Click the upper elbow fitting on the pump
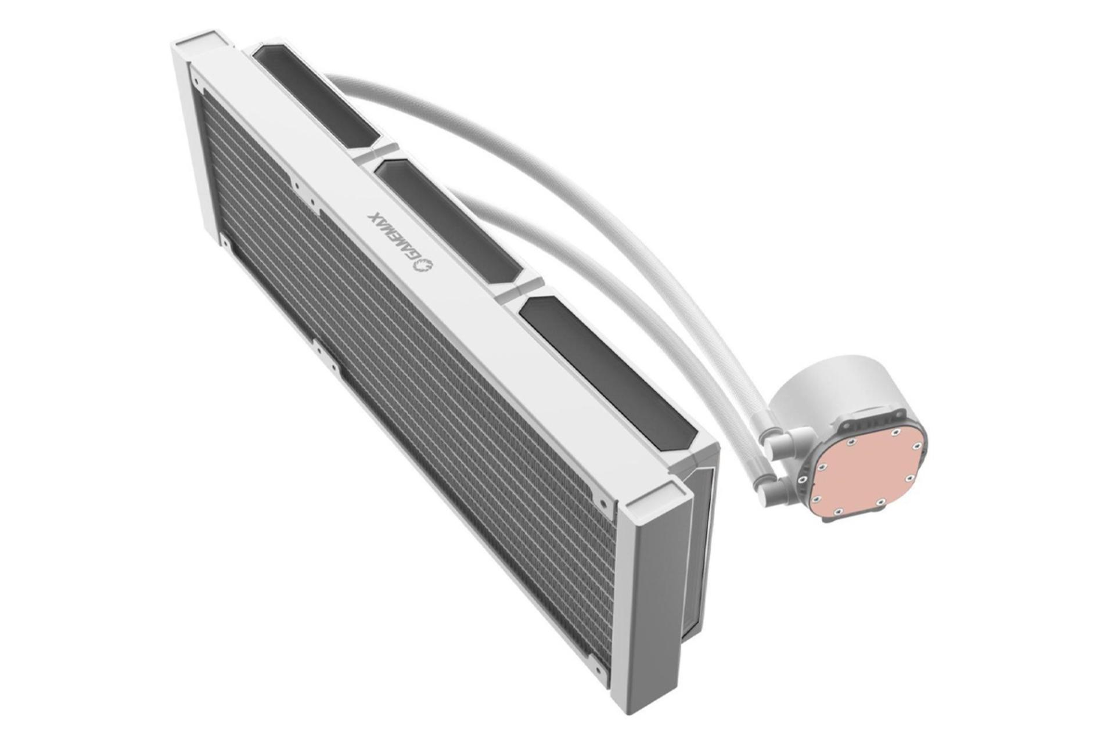pyautogui.click(x=780, y=439)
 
